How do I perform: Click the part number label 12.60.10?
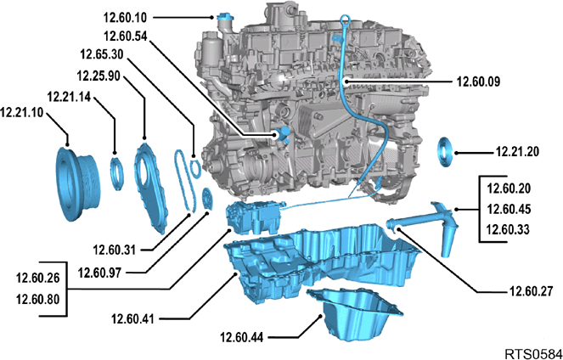click(125, 17)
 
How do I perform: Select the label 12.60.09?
click(478, 82)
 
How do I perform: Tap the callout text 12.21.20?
click(517, 152)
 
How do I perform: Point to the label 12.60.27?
click(531, 291)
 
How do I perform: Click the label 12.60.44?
click(242, 337)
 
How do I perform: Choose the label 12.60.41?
click(132, 318)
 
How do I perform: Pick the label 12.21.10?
click(21, 113)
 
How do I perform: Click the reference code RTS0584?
click(533, 354)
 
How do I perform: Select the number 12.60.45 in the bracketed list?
click(509, 209)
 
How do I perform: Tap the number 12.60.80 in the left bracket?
click(37, 299)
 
